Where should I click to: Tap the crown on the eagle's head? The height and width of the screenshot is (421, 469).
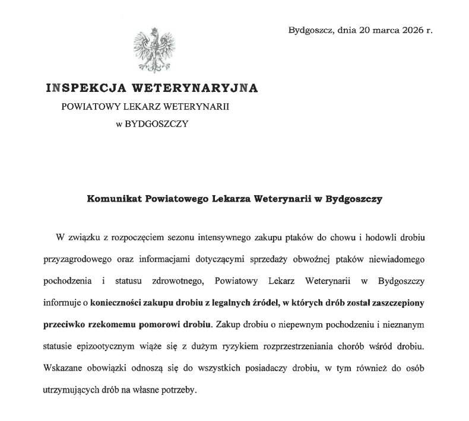coord(155,30)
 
